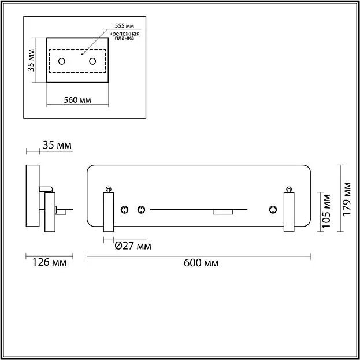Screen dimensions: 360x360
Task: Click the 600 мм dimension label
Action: click(201, 263)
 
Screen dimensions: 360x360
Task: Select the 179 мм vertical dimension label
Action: click(347, 199)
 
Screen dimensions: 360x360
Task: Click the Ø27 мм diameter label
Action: click(133, 246)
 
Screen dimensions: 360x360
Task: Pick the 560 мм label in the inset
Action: click(78, 99)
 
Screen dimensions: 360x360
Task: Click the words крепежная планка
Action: click(125, 36)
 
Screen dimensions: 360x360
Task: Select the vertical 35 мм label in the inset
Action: click(31, 60)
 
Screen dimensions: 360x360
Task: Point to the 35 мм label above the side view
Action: click(57, 145)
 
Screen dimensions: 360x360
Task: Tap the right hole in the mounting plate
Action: click(92, 61)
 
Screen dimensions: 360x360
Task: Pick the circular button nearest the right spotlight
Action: click(272, 209)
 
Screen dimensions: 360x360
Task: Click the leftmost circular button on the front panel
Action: click(124, 209)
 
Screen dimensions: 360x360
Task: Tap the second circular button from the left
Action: click(140, 209)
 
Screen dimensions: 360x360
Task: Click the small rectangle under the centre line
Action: click(222, 212)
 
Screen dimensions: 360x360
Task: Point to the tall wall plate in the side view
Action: click(32, 197)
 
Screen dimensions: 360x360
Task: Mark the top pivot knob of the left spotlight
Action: click(108, 189)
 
